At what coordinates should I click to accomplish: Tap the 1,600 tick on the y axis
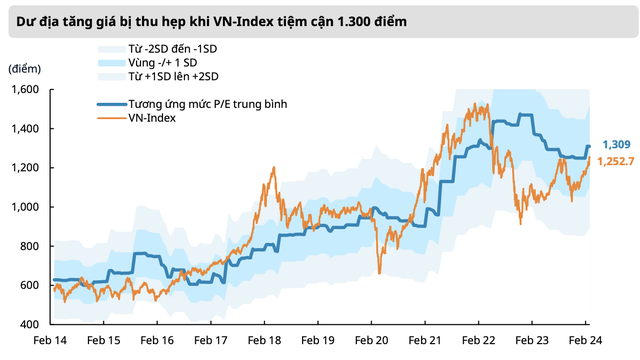point(25,90)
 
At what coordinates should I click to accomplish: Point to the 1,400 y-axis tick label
point(25,129)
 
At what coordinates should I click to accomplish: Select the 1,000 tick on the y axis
point(25,207)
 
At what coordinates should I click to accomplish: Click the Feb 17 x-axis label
point(211,341)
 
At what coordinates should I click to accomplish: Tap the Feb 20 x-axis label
point(373,341)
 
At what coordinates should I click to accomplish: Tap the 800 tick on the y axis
point(29,246)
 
